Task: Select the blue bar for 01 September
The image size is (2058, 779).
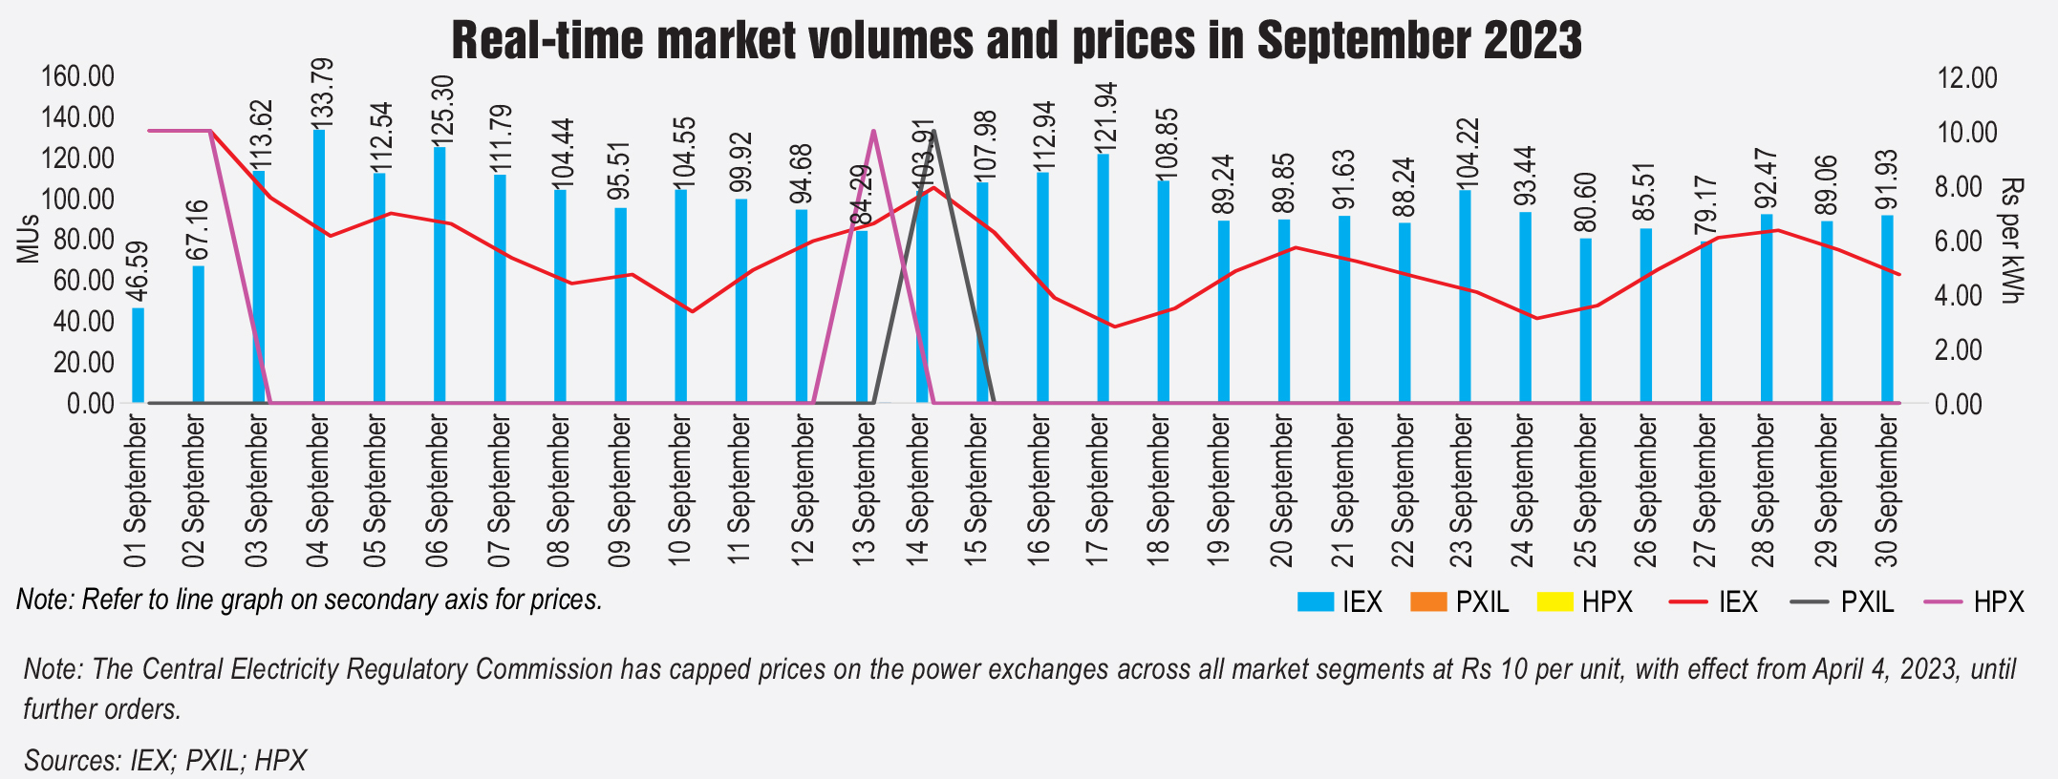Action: coord(139,354)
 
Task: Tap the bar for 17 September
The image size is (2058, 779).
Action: coord(1104,278)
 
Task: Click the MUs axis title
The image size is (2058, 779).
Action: coord(27,239)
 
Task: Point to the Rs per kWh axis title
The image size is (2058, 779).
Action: coord(2012,241)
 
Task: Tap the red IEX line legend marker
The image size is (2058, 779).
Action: coord(1687,602)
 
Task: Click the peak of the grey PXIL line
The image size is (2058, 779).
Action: coord(933,131)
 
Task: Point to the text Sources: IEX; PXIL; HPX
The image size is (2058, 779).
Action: coord(165,760)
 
